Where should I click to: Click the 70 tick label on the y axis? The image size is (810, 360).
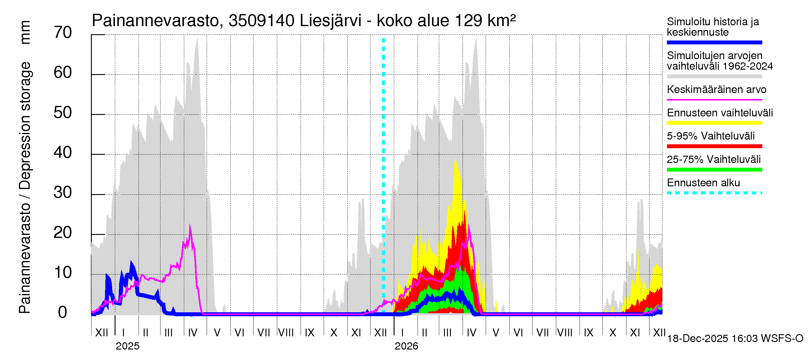63,33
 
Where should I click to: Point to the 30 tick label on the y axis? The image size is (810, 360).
63,193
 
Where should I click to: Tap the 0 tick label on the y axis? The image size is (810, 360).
63,313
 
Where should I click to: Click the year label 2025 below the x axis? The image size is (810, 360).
127,346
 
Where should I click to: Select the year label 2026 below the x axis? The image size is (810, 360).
406,346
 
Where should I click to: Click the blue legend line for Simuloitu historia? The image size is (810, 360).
714,42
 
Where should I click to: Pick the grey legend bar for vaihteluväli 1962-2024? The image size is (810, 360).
714,76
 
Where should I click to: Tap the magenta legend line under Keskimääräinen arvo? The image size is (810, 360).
714,100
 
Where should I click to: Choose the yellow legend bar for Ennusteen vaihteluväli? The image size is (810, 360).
714,123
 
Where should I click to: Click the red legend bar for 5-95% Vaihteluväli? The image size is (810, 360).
714,146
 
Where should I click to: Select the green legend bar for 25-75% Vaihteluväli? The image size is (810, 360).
714,170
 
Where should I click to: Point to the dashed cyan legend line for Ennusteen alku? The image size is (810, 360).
714,193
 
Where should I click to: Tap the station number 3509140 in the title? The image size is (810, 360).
261,21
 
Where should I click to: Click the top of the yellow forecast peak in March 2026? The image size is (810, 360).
455,160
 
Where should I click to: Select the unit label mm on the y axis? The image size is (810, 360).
25,32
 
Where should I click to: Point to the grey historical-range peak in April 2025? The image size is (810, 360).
197,39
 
